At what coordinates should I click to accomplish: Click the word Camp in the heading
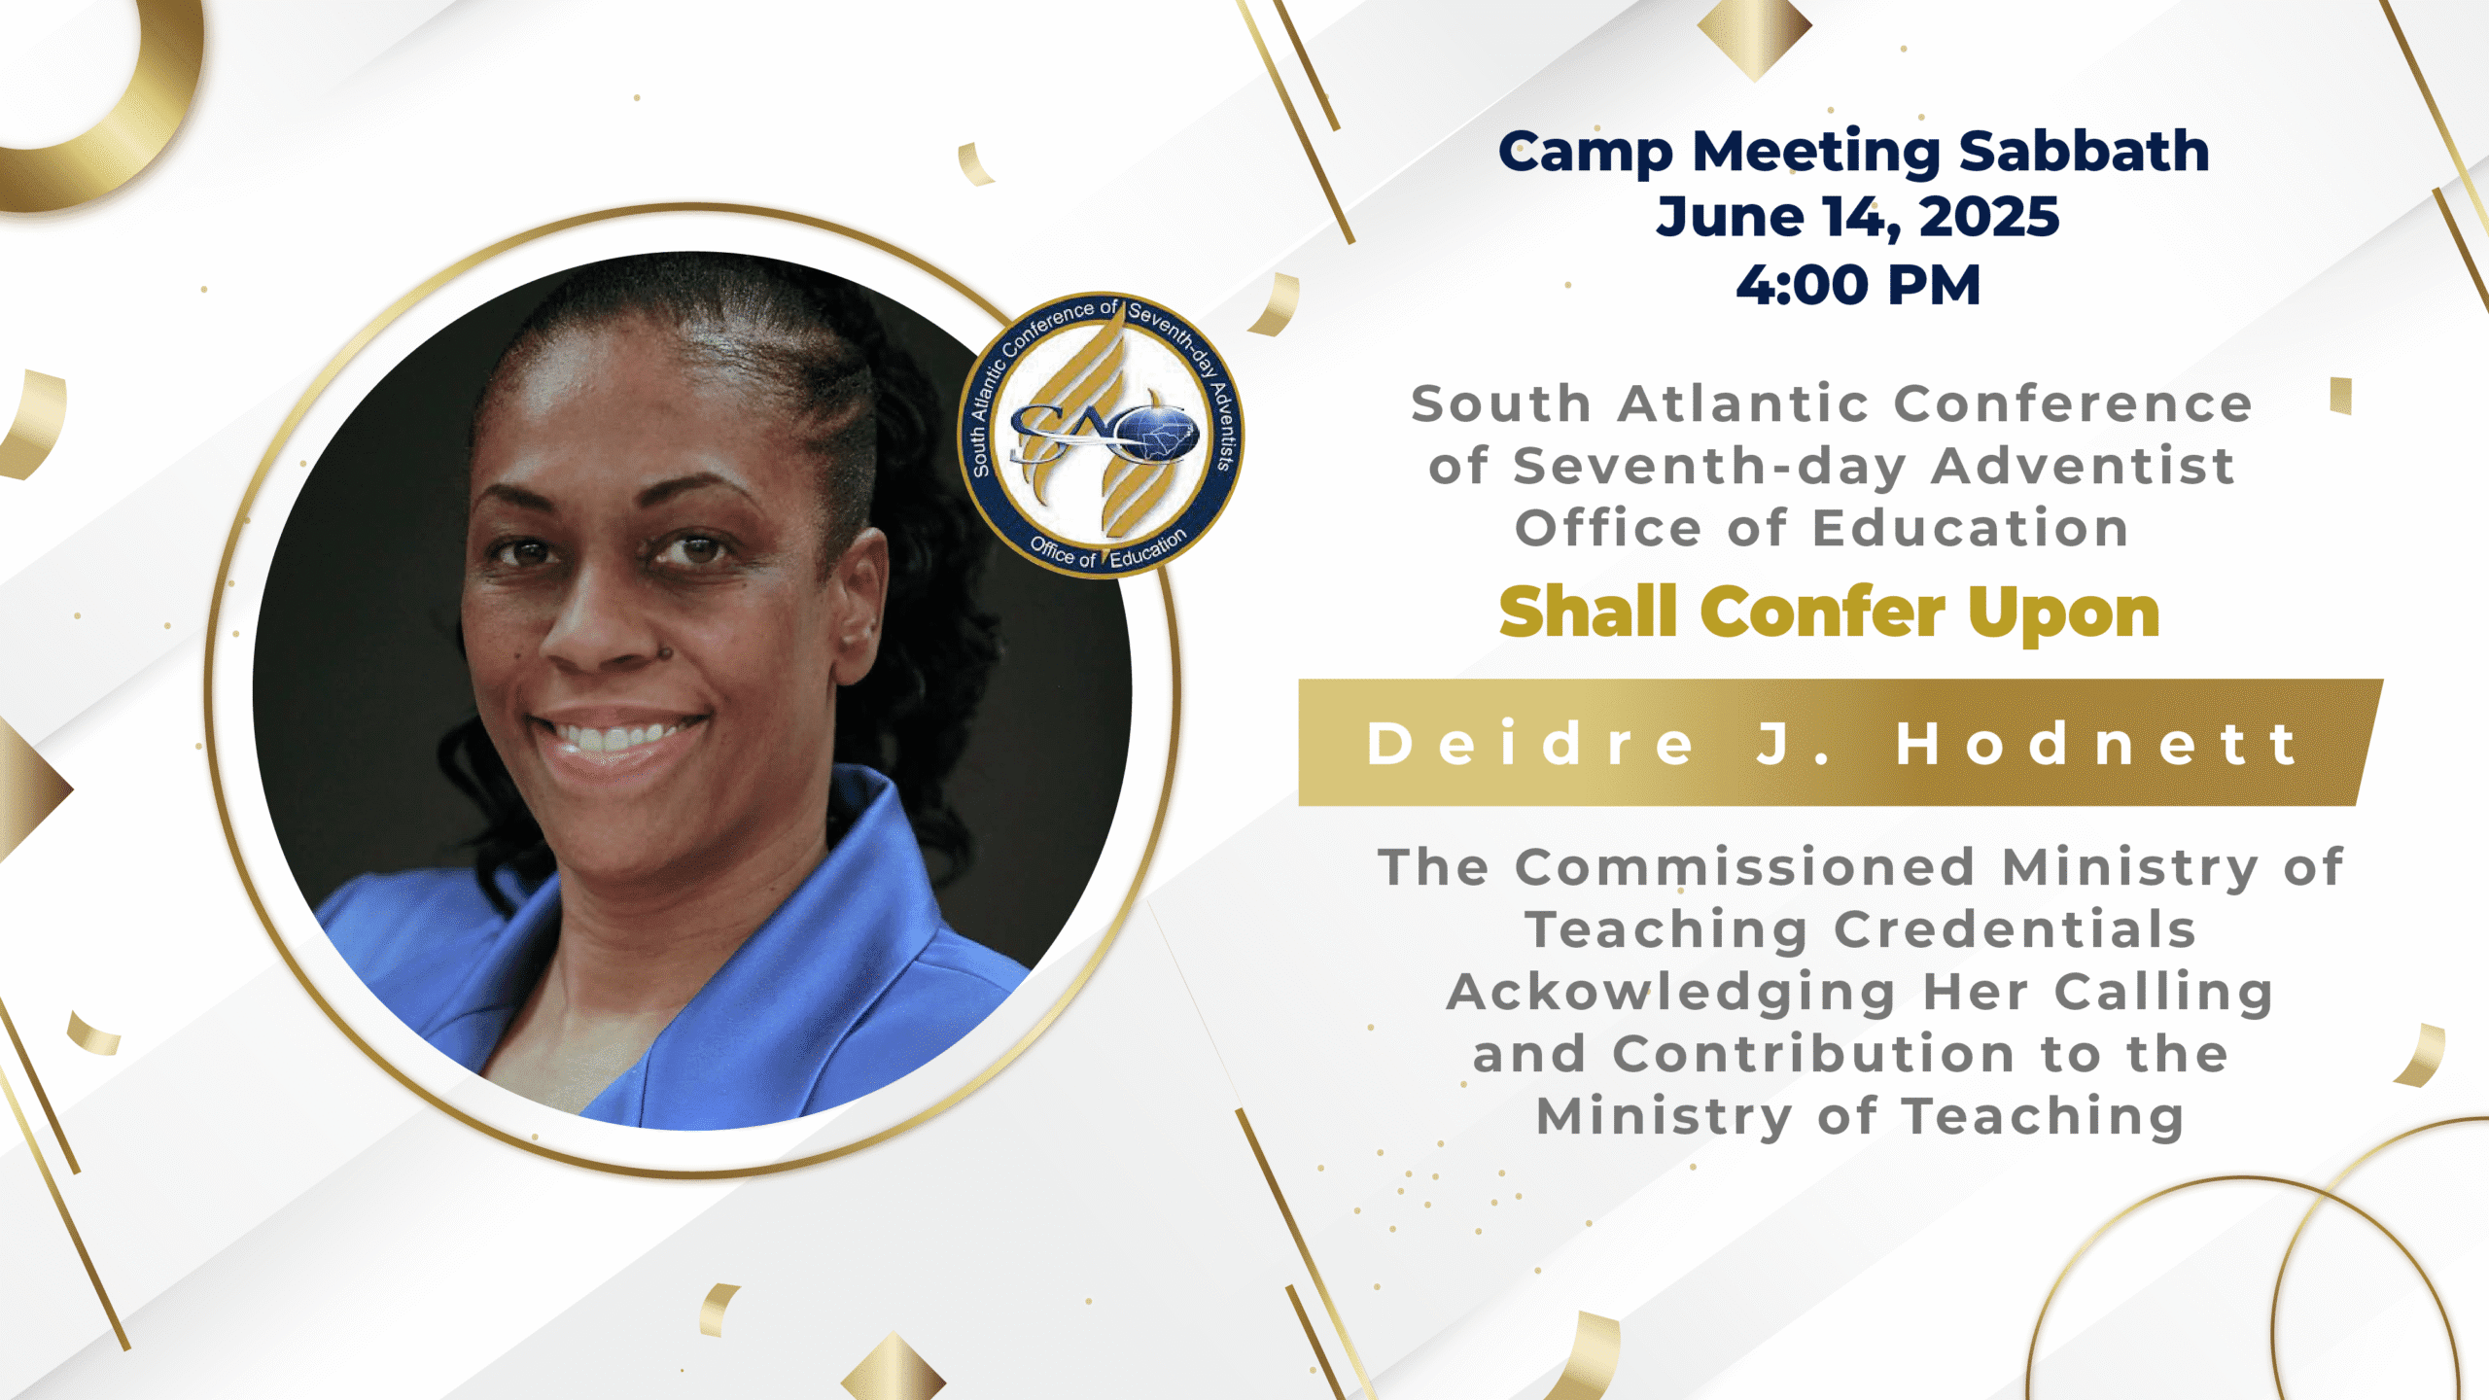pos(1585,154)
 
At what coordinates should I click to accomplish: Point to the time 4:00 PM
pos(1858,285)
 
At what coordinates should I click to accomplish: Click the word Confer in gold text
pos(1822,612)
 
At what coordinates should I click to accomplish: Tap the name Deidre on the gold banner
pos(1530,745)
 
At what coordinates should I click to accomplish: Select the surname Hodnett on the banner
pos(2097,745)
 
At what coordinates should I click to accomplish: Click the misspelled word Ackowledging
pos(1671,994)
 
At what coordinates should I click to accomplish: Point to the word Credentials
pos(2015,929)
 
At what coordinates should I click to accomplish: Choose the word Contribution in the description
pos(1813,1055)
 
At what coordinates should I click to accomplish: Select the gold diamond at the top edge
pos(1754,33)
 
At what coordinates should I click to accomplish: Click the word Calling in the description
pos(2163,994)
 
